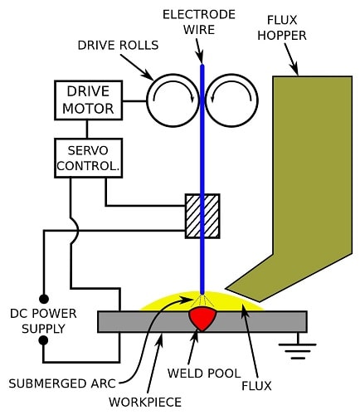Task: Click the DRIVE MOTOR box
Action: pos(88,100)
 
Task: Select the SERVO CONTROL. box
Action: pos(88,158)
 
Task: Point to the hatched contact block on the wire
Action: pos(202,216)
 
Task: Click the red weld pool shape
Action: pos(202,319)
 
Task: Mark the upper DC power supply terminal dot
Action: pos(44,299)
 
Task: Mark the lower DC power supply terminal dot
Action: pos(44,340)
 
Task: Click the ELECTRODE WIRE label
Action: pos(199,22)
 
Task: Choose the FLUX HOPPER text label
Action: pos(282,27)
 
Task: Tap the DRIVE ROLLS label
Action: pos(118,46)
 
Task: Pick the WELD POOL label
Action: pos(204,373)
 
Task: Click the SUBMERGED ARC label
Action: pos(62,383)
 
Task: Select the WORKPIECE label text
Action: pos(145,402)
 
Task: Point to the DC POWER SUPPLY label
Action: pos(43,321)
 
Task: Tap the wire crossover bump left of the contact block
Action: pos(75,230)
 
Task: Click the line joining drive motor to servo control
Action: pos(87,129)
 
